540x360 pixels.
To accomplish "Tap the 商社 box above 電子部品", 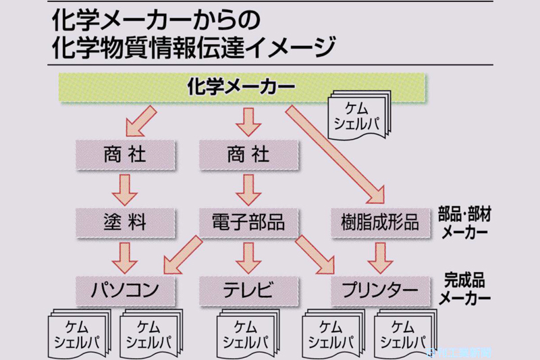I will [248, 155].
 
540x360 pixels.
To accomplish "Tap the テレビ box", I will [248, 290].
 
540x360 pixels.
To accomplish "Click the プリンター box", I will [380, 290].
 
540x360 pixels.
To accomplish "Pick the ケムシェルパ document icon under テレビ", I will [248, 331].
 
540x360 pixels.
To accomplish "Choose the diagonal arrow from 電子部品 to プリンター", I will [317, 253].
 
